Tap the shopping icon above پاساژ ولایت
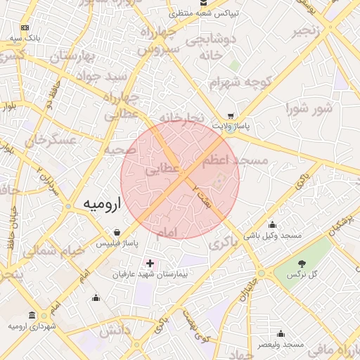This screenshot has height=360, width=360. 231,116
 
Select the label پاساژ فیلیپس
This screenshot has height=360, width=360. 117,243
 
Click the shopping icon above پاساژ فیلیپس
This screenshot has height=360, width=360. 117,232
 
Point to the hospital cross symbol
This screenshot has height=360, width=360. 150,263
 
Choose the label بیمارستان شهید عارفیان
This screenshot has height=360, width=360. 150,274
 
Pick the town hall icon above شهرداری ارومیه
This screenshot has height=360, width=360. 32,315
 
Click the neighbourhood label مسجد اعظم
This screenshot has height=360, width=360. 235,161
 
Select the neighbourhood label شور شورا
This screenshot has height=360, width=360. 309,108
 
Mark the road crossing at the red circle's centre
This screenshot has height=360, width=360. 180,179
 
